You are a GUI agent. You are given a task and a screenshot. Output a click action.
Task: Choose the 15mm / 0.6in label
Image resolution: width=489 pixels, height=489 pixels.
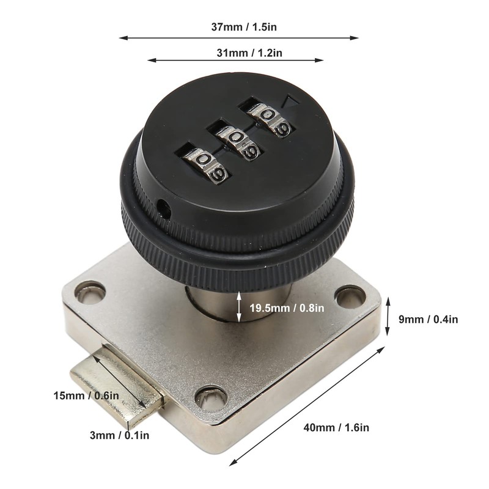tap(86, 395)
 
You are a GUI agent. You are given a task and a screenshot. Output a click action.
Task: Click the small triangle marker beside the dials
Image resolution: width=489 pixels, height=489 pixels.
tap(292, 102)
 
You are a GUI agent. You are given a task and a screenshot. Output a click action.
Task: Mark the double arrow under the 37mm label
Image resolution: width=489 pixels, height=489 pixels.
tap(238, 38)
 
